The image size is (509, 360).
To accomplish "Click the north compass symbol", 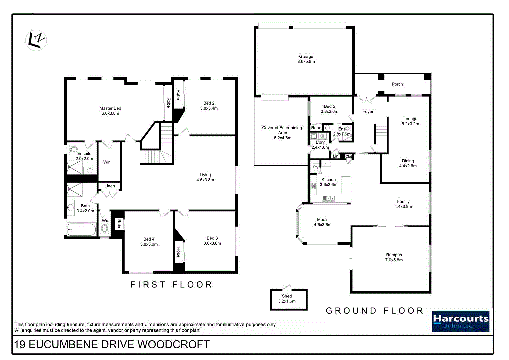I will (36, 40).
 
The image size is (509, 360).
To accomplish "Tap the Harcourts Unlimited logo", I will (460, 322).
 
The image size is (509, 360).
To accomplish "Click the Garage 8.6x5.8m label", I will (306, 59).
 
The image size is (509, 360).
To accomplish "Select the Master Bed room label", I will (110, 111).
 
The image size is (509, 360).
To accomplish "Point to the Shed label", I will (287, 296).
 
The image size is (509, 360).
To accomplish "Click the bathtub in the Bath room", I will (81, 229).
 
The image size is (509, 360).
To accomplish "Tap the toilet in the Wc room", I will (105, 229).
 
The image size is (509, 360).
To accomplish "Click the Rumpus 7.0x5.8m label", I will (394, 257).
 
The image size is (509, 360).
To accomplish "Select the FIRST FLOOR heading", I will (171, 285).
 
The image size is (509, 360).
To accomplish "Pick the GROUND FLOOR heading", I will (374, 311).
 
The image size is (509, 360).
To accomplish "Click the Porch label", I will (397, 84).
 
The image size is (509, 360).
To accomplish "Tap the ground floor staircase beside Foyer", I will (381, 134).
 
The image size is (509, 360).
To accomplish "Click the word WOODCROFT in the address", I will (174, 345).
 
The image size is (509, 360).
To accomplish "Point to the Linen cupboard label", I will (110, 186).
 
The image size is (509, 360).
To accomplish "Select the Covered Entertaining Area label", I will (282, 133).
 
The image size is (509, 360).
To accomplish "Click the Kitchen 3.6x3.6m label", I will (329, 182).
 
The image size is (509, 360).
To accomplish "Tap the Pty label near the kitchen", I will (316, 167).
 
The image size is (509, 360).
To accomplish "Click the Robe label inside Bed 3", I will (178, 252).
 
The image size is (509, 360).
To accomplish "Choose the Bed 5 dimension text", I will (329, 112).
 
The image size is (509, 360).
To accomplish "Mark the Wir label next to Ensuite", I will (106, 162).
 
